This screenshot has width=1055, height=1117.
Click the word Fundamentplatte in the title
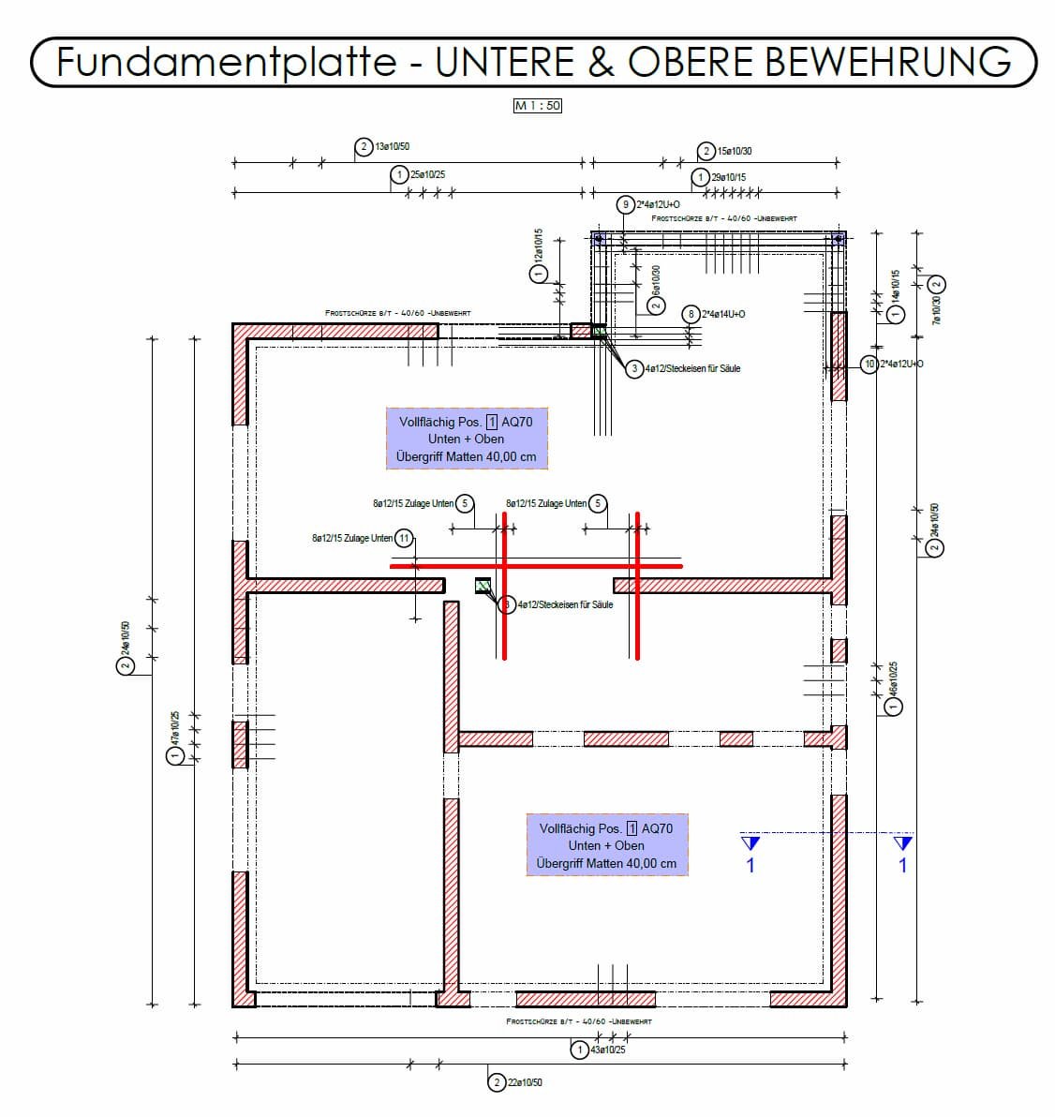click(226, 62)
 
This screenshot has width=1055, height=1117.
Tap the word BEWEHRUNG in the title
click(887, 62)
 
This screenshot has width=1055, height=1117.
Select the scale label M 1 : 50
click(537, 106)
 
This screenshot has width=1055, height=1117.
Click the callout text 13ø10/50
click(392, 147)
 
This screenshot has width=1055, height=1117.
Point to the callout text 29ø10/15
click(729, 177)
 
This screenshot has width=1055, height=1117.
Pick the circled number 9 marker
click(626, 204)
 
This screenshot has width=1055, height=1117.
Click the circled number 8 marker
click(691, 314)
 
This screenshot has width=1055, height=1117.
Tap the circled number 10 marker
click(869, 364)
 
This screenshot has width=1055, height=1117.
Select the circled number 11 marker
click(404, 538)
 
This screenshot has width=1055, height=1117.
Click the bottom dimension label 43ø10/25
click(608, 1050)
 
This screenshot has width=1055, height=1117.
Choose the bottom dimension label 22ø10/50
click(525, 1082)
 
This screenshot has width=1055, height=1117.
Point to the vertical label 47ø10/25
click(174, 726)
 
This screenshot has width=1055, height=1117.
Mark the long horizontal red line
click(536, 566)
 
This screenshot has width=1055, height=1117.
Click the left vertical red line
click(504, 586)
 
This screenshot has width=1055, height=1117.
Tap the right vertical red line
click(637, 586)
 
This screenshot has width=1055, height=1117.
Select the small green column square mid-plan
click(483, 587)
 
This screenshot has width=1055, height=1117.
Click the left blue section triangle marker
click(750, 843)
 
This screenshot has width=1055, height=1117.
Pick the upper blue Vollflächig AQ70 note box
click(466, 439)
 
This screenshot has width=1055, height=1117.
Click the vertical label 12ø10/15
click(538, 245)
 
